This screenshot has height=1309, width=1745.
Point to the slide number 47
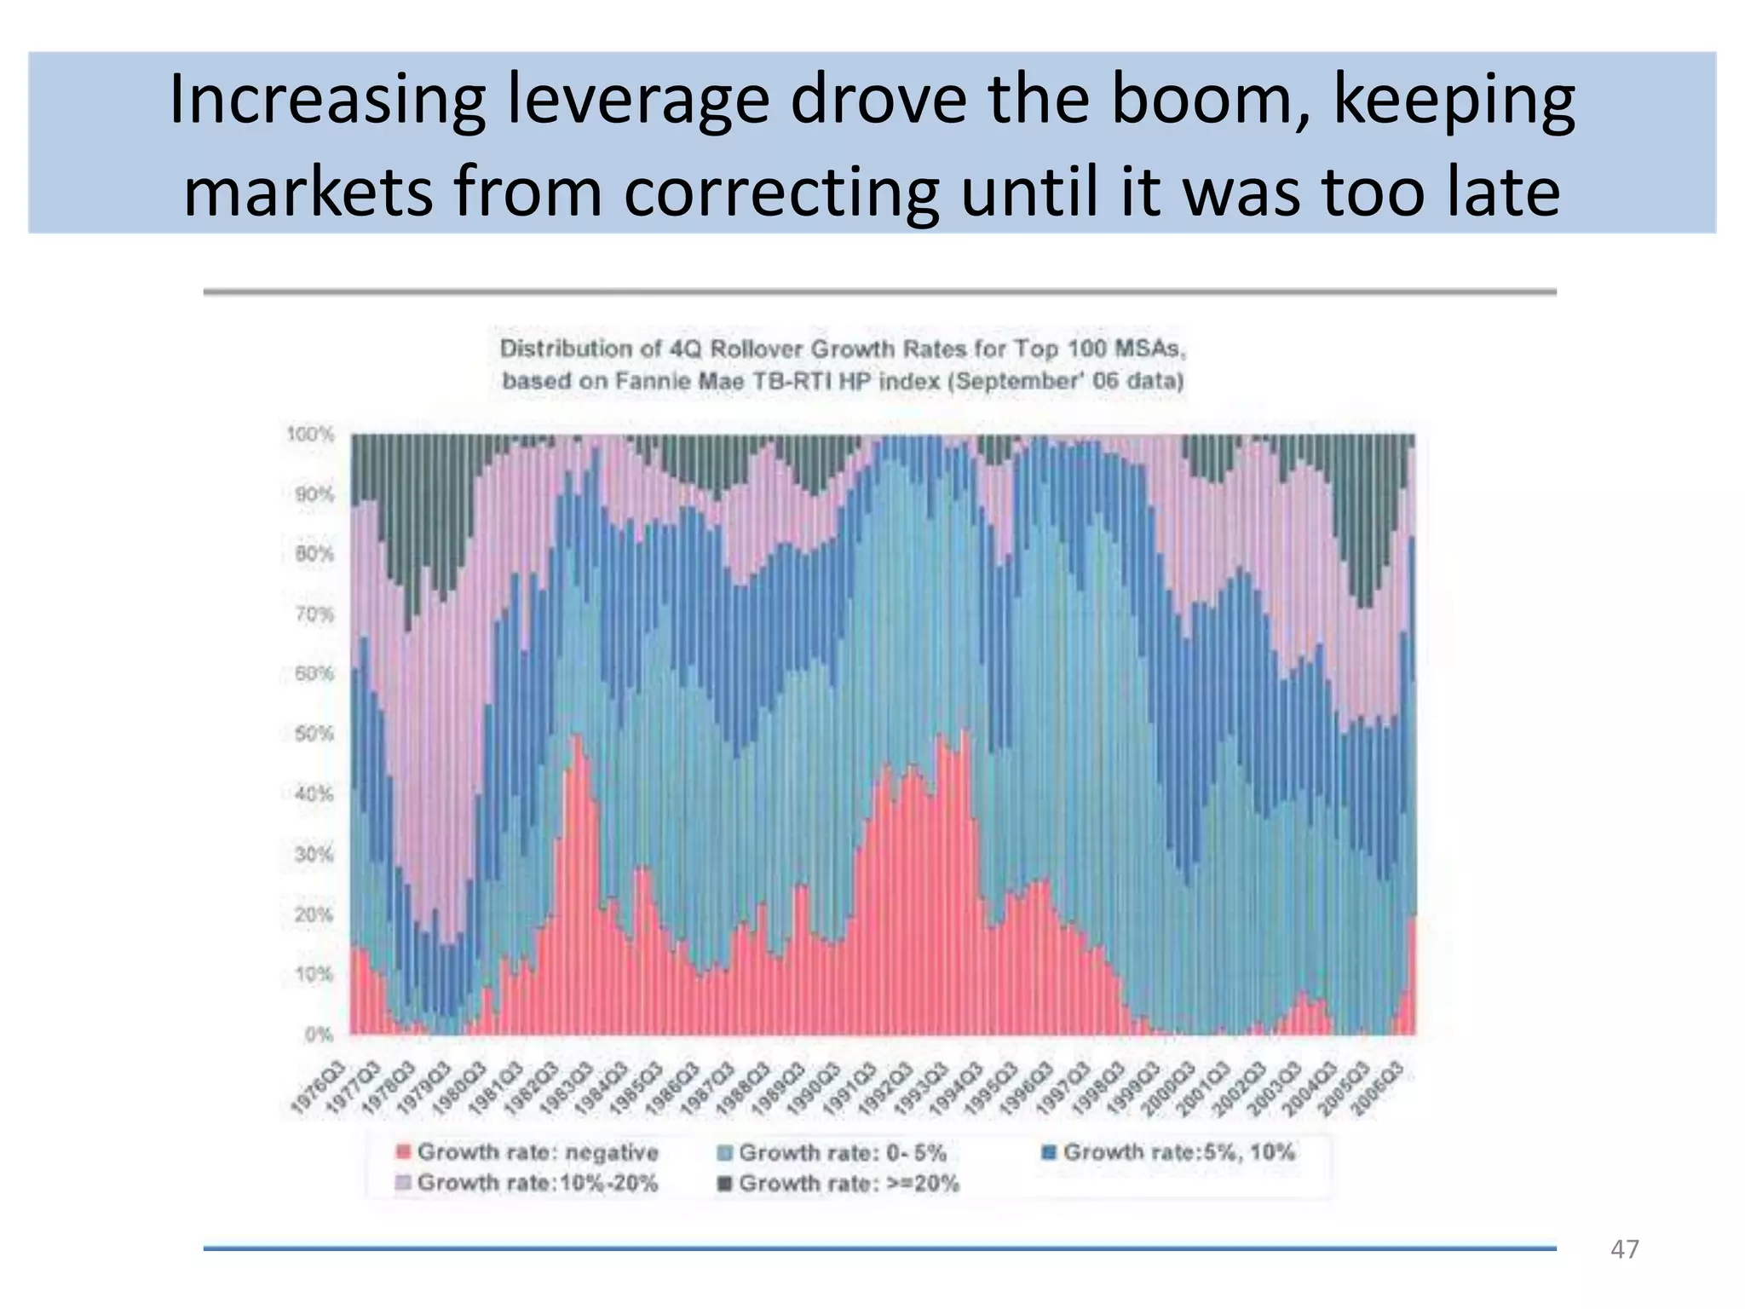click(1624, 1249)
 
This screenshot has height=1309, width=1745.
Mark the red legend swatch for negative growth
click(404, 1152)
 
